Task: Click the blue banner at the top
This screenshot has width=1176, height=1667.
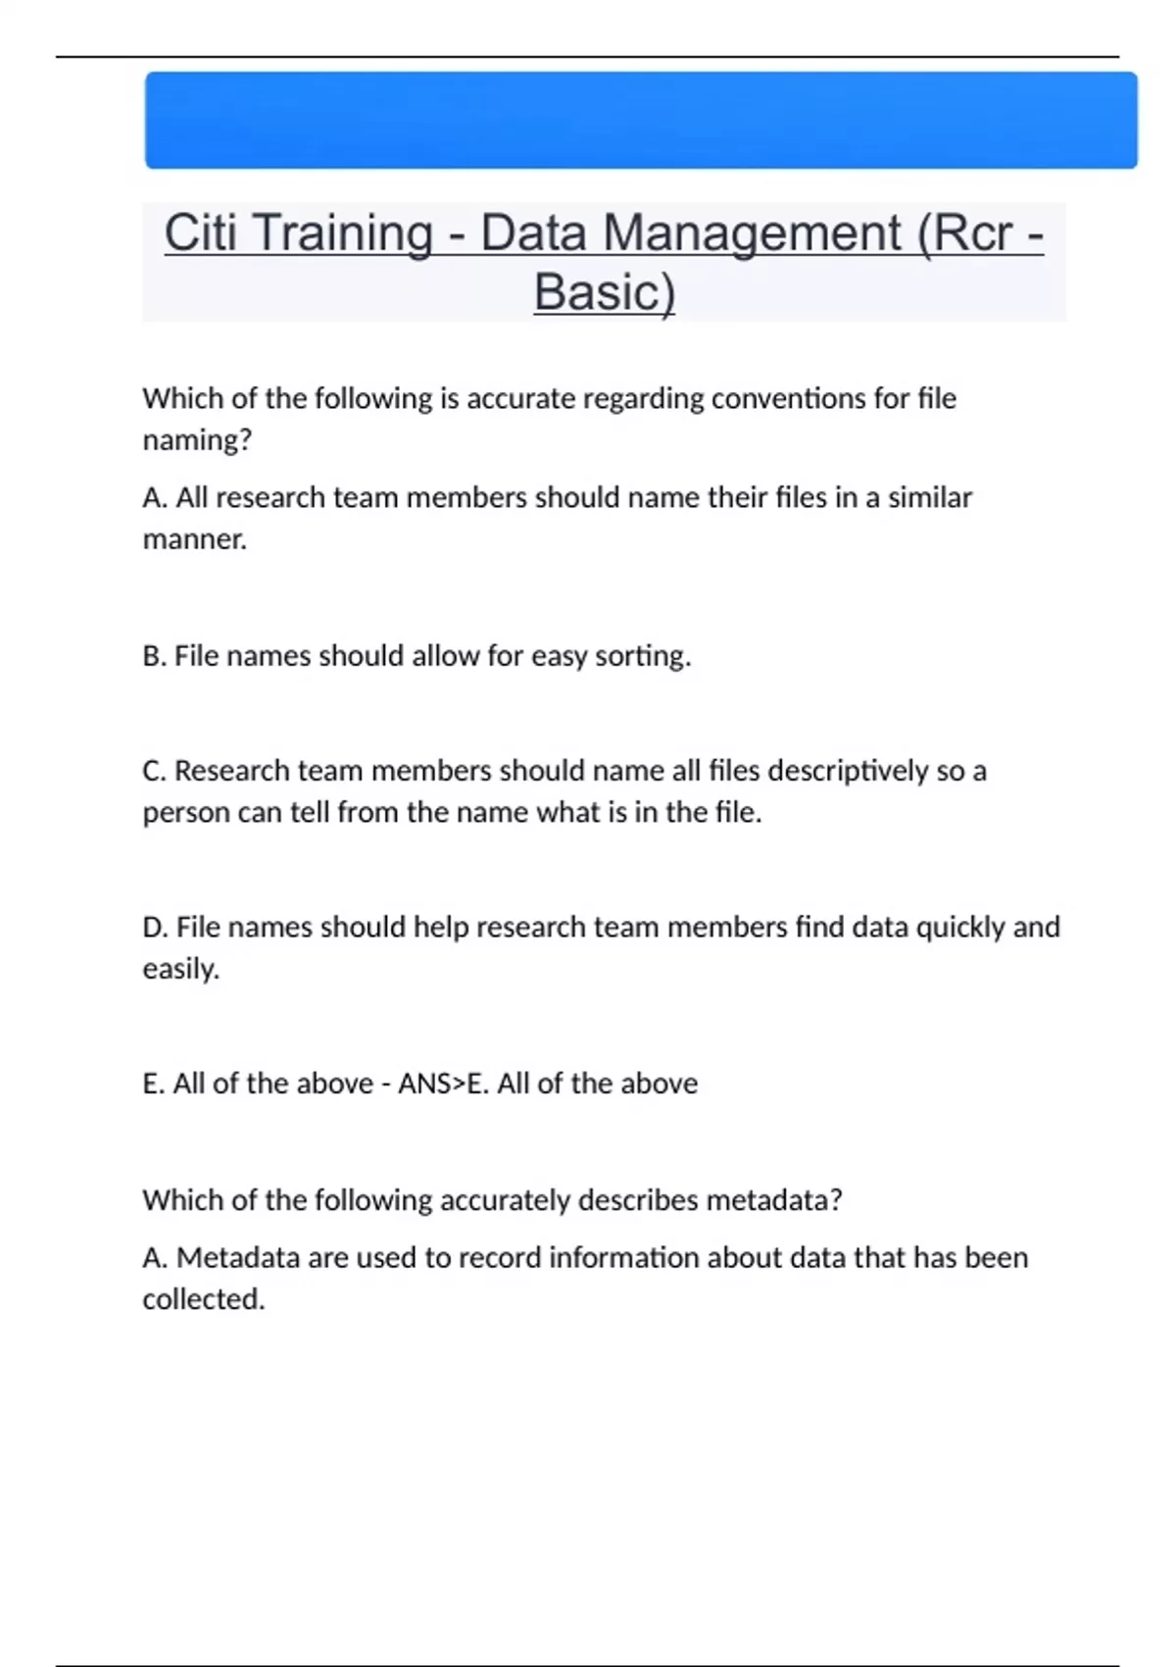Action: click(x=641, y=120)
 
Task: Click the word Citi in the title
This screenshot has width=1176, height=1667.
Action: click(x=200, y=233)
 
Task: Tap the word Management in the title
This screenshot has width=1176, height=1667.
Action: click(x=753, y=233)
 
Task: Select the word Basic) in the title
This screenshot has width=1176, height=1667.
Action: click(x=605, y=292)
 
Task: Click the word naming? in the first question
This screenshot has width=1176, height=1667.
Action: click(x=197, y=440)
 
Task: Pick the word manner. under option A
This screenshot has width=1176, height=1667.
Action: click(x=194, y=539)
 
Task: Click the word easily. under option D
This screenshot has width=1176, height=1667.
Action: click(x=180, y=969)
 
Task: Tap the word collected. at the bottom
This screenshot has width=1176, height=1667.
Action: click(x=204, y=1299)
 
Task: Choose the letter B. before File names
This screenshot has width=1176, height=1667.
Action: click(x=154, y=656)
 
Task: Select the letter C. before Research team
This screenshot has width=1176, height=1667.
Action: click(x=154, y=771)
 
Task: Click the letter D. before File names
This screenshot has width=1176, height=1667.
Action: click(x=155, y=927)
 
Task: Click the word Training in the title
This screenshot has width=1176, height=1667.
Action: click(x=343, y=233)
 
